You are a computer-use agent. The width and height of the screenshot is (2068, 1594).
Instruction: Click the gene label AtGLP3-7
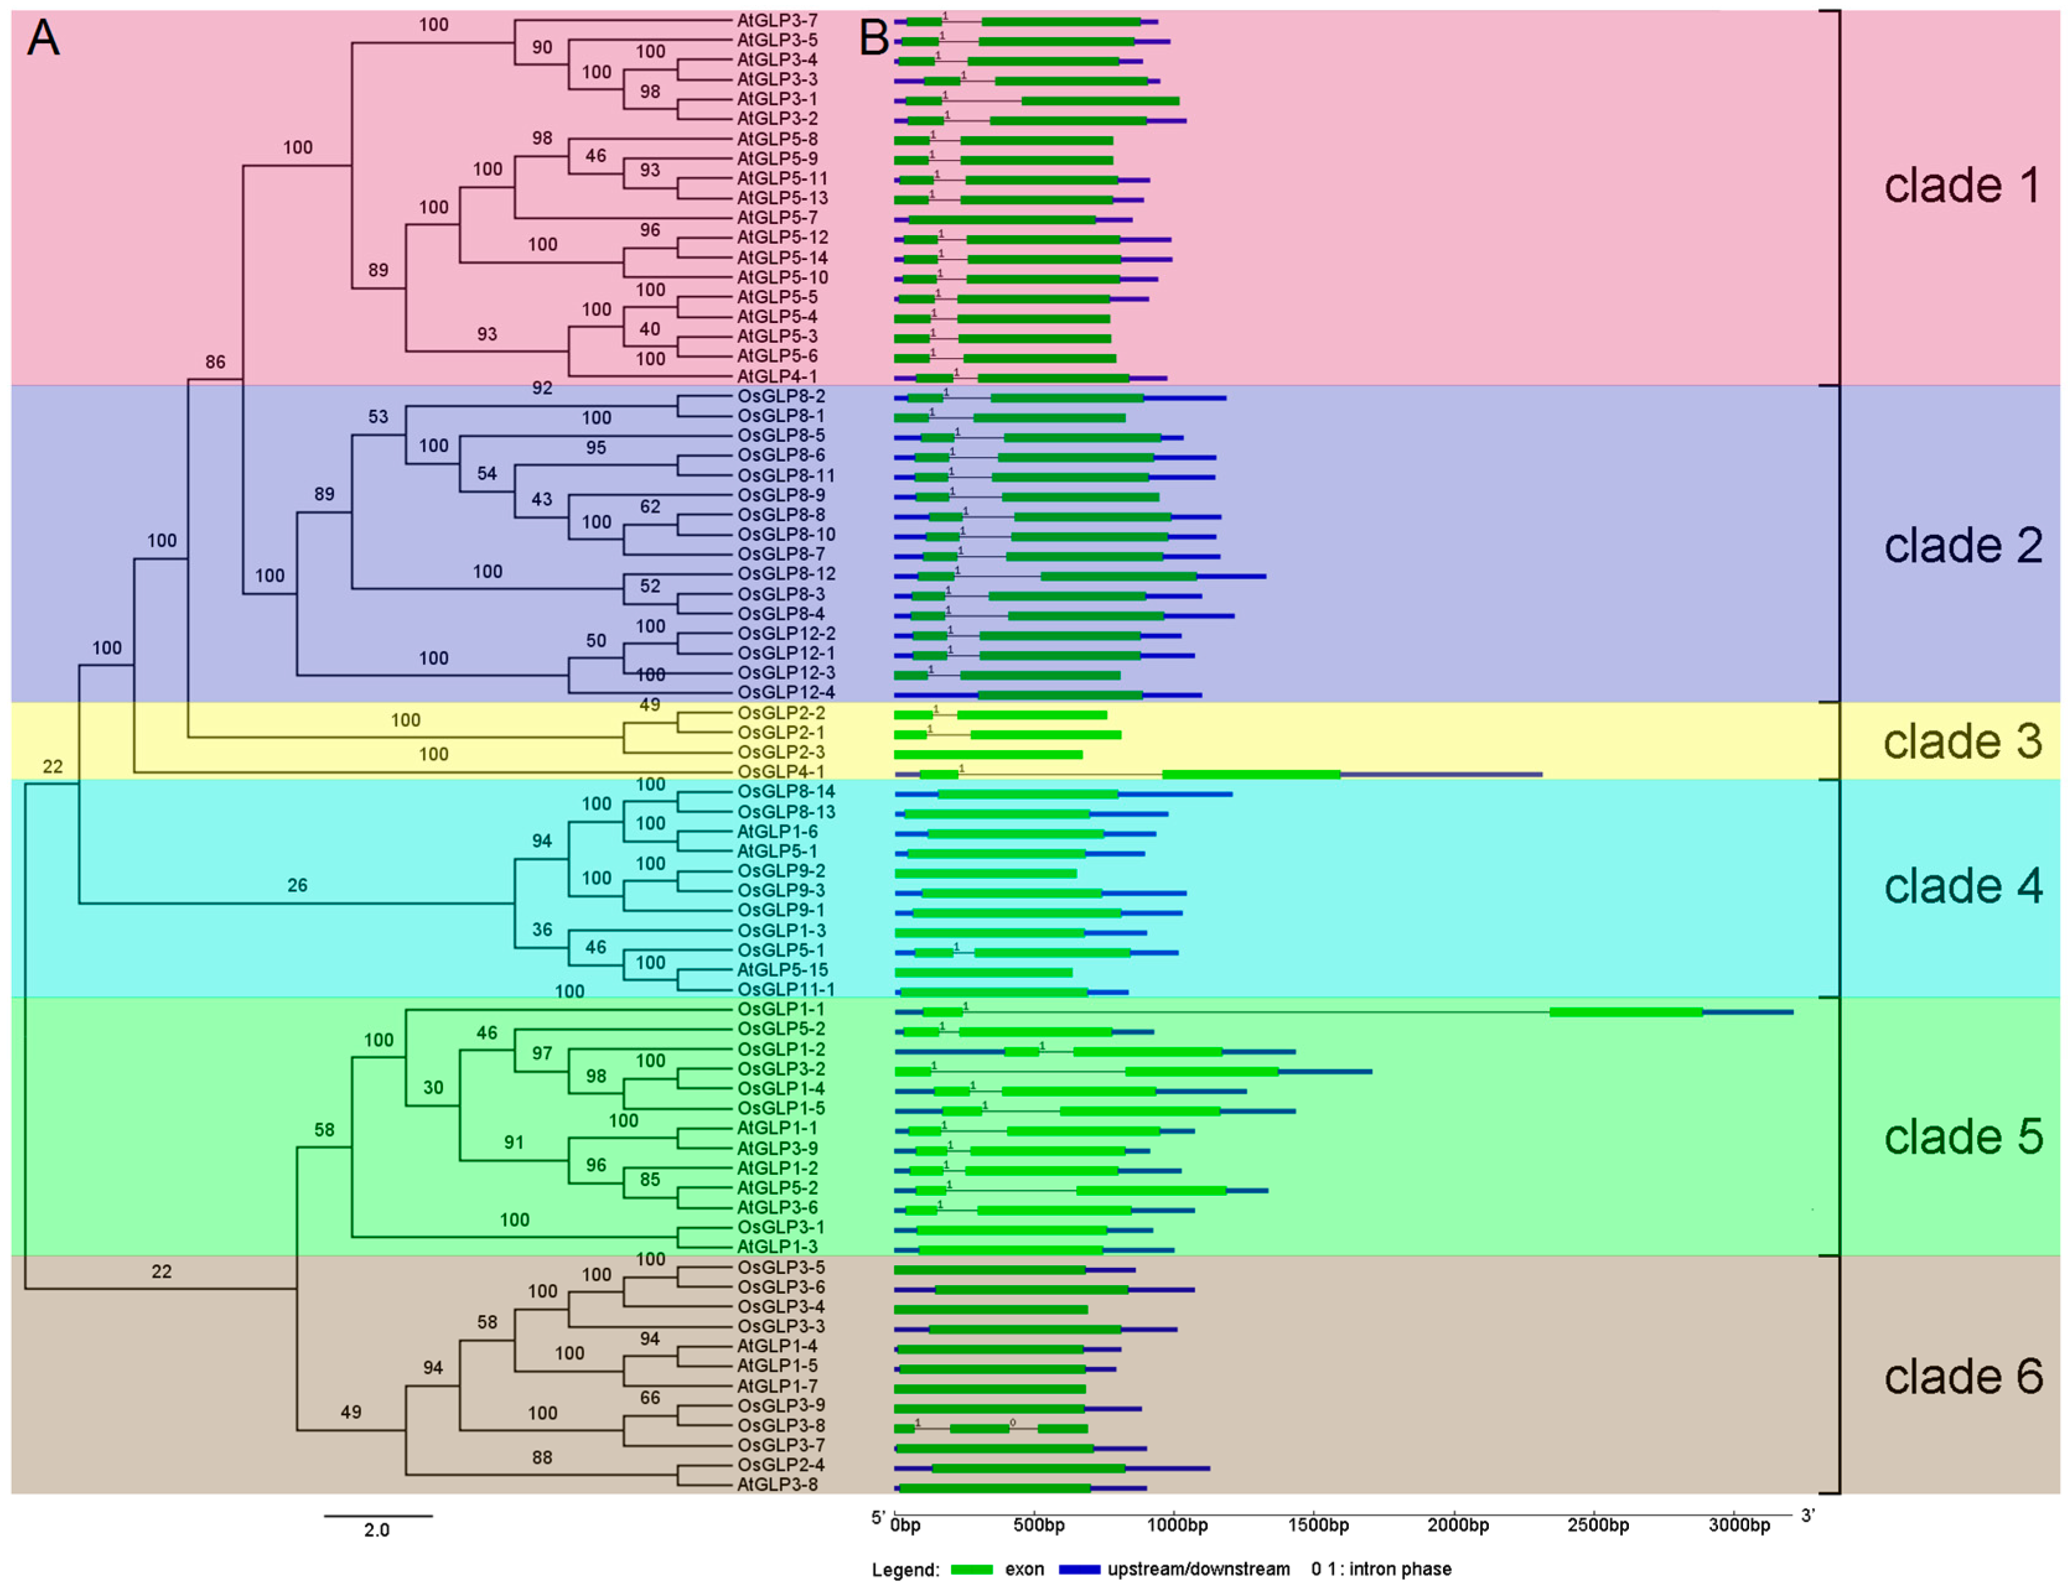[x=777, y=20]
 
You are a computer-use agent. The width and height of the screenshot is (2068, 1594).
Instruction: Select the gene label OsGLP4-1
[x=780, y=771]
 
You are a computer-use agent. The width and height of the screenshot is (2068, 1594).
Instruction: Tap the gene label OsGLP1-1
[x=780, y=1009]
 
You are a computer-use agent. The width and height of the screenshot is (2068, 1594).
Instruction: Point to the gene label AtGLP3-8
[x=777, y=1484]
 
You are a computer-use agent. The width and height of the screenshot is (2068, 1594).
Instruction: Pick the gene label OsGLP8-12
[x=786, y=574]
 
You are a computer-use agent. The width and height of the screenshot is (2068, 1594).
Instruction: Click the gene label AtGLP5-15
[x=782, y=969]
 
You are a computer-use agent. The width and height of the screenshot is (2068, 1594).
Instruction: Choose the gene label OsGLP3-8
[x=780, y=1426]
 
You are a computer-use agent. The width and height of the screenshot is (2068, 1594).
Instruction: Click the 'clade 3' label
[x=1962, y=741]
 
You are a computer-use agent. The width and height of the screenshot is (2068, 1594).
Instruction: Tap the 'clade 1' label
[x=1962, y=186]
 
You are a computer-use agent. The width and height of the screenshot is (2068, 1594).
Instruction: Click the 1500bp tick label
[x=1318, y=1525]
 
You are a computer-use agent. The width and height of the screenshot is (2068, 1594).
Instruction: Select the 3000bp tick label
[x=1739, y=1525]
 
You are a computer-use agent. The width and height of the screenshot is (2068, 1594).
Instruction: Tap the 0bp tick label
[x=905, y=1525]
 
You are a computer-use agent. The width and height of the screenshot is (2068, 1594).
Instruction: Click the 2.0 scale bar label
[x=376, y=1530]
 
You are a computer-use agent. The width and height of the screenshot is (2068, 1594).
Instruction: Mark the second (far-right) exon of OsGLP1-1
[x=1625, y=1012]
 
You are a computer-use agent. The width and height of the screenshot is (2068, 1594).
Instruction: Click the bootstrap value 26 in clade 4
[x=297, y=885]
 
